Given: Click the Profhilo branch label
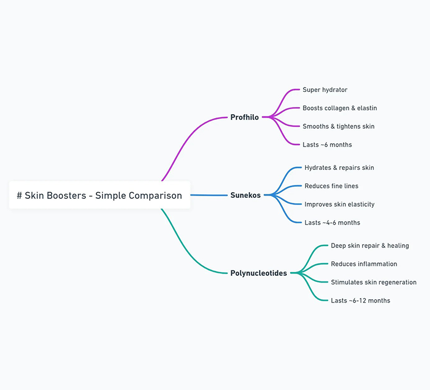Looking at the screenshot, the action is click(245, 118).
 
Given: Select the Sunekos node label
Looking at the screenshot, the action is click(246, 195).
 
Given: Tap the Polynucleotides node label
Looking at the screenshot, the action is click(258, 273).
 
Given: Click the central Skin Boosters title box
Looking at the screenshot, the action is click(100, 195).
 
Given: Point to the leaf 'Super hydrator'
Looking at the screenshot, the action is click(325, 90).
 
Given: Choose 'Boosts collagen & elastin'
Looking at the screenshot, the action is click(340, 108).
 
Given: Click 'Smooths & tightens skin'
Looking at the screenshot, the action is click(339, 126).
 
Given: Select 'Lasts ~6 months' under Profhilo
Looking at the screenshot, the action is click(327, 144).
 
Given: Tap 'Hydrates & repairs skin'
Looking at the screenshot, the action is click(339, 168).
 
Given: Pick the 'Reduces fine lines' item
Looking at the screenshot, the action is click(331, 186).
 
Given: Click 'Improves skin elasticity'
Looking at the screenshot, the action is click(340, 204).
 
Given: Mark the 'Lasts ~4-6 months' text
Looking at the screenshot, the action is click(333, 223).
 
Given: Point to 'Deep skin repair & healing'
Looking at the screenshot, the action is click(370, 246).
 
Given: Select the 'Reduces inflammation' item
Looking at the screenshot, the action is click(364, 264).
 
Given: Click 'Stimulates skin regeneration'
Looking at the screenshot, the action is click(374, 282).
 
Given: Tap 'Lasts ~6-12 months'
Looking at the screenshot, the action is click(360, 301).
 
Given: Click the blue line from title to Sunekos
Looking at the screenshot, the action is click(209, 195).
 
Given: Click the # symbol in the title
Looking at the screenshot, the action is click(19, 196).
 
